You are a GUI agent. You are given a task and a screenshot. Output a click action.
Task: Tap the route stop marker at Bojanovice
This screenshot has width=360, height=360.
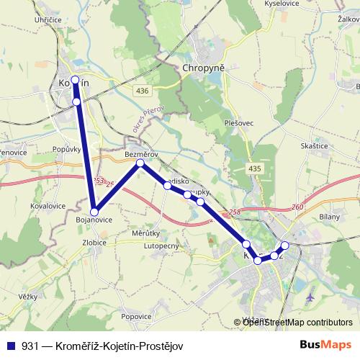coord(94,212)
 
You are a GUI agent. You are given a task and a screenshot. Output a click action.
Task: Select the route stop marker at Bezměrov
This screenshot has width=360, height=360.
coord(140,163)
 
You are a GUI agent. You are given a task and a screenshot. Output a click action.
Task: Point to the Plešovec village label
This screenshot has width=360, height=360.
coord(238,123)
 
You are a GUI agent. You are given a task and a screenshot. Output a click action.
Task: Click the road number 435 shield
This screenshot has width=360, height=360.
coord(254,168)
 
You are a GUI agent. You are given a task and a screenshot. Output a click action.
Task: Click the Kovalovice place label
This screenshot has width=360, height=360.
coord(29,205)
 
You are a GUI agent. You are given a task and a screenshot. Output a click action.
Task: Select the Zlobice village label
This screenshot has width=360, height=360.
coord(94,243)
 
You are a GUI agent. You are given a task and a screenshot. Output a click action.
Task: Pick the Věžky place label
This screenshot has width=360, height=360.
coord(28,296)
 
